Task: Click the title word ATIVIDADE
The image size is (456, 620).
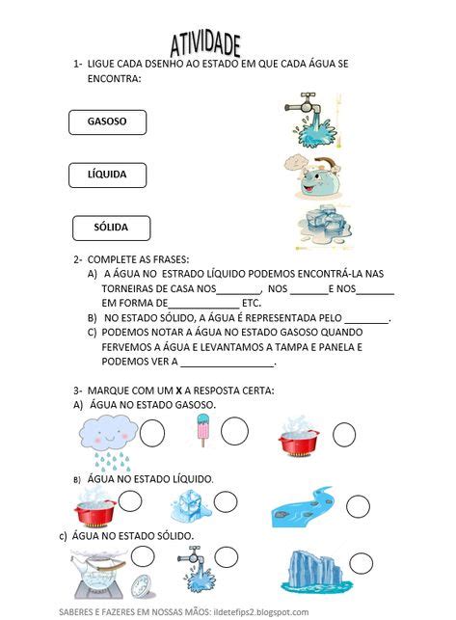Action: tap(205, 42)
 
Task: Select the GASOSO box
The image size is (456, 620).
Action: tap(111, 122)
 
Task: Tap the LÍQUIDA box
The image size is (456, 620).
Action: tap(111, 175)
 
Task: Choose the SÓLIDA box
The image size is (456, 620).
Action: tap(112, 229)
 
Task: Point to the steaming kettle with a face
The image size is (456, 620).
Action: tap(311, 175)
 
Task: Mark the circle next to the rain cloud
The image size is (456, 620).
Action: tap(152, 434)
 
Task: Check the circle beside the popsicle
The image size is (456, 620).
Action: tap(234, 430)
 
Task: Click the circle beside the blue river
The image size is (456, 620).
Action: tap(358, 506)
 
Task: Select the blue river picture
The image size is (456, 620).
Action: tap(304, 506)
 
